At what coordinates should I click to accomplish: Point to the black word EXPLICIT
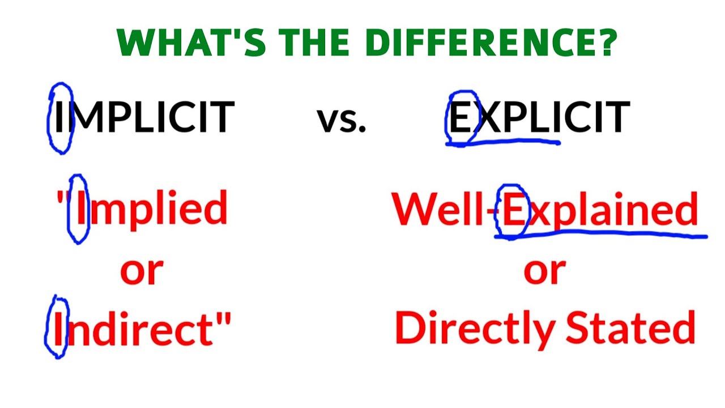(539, 117)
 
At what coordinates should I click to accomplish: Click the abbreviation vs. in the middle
(341, 120)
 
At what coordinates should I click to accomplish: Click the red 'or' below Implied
(142, 271)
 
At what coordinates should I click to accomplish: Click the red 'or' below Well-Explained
(544, 271)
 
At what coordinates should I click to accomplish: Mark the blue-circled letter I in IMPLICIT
(60, 117)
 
